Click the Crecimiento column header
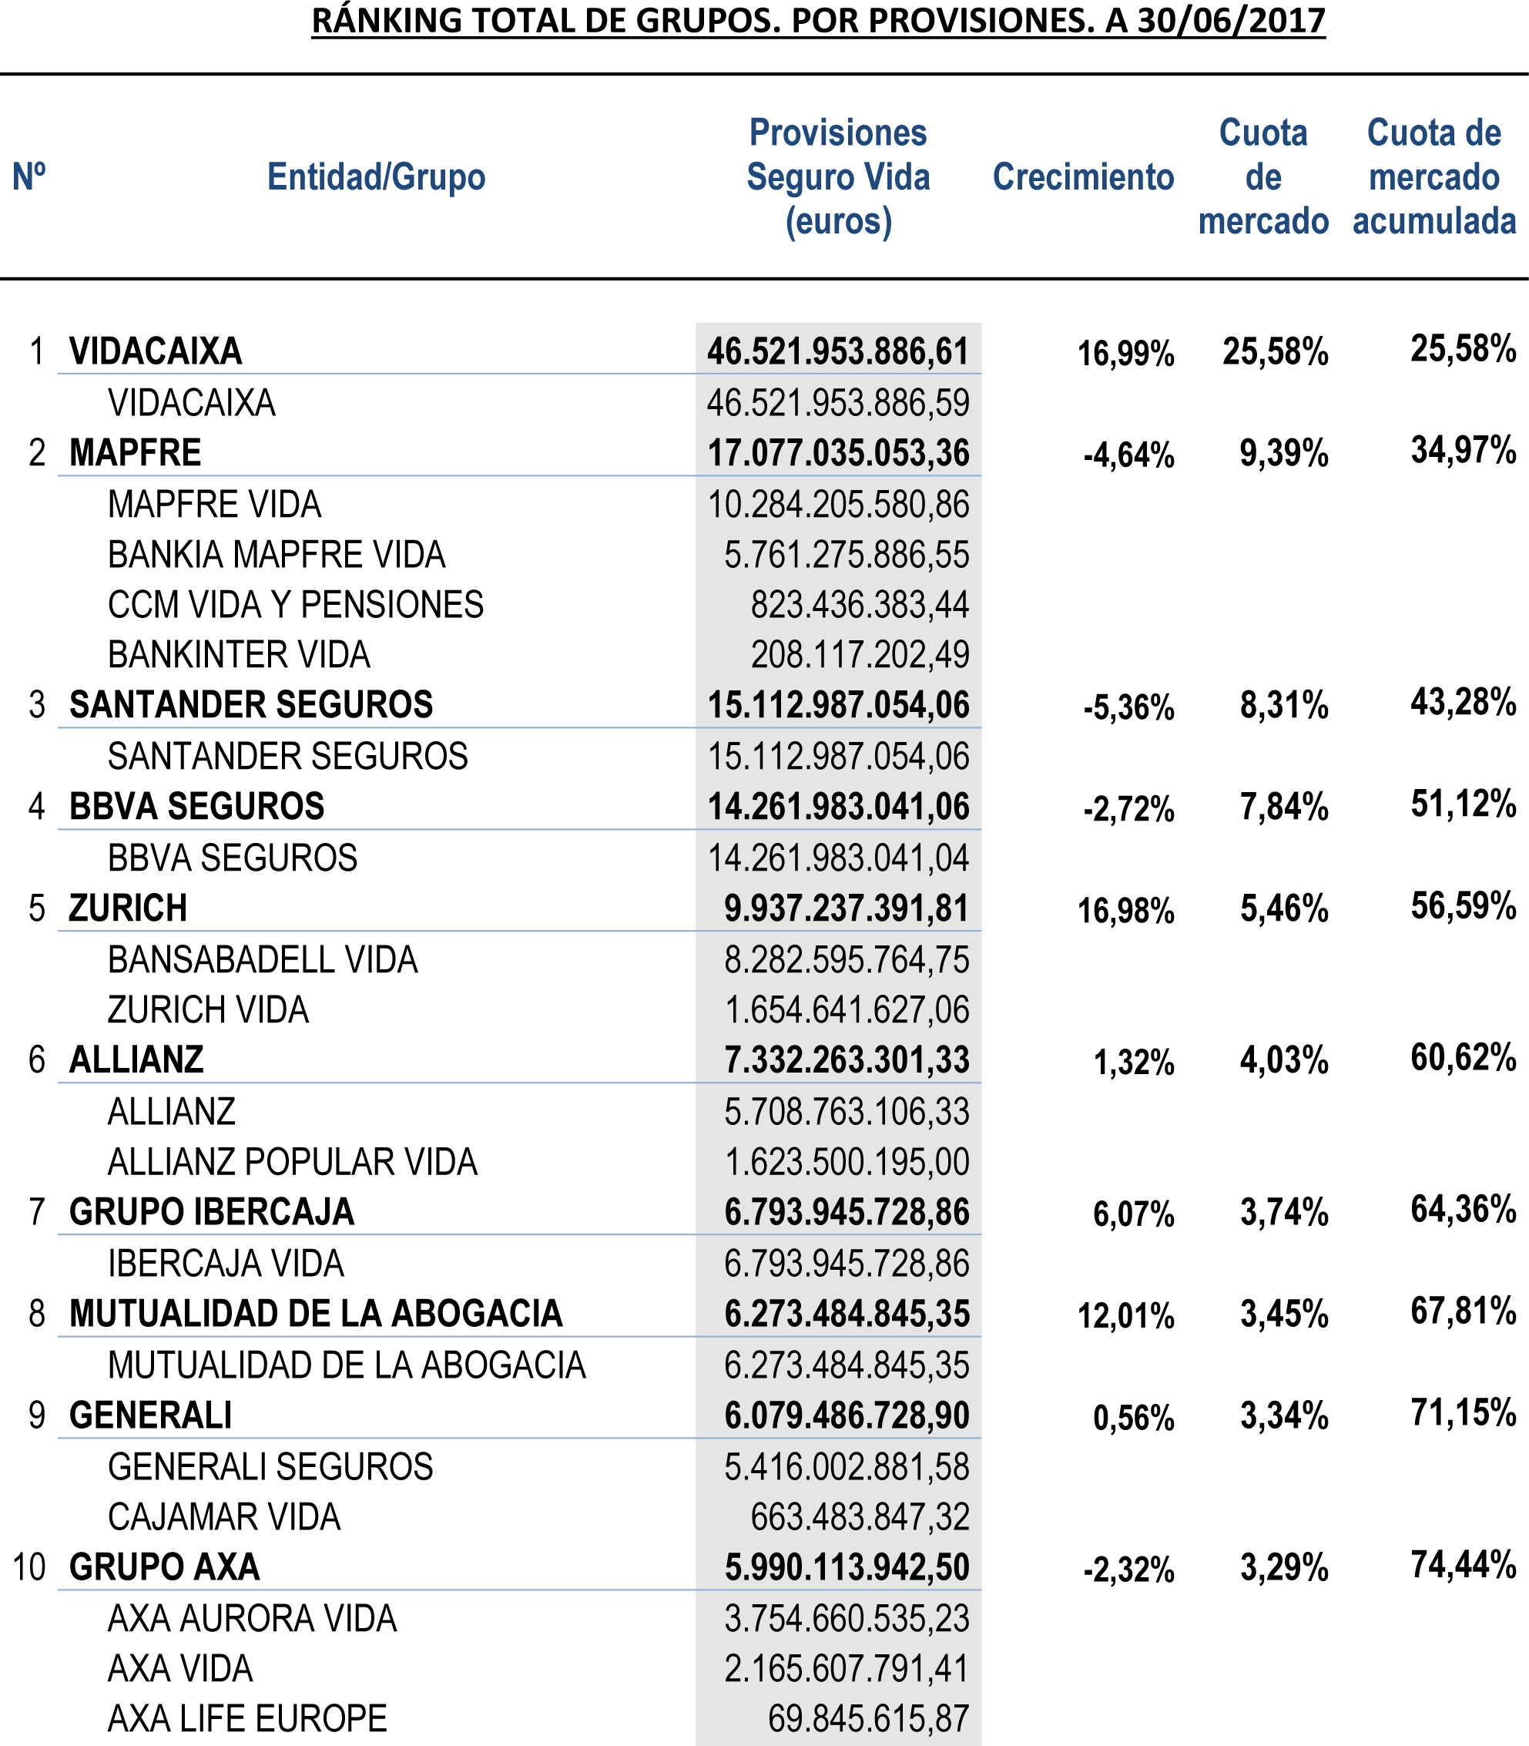(x=1083, y=177)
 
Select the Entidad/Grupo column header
(x=376, y=177)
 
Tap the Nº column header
(x=29, y=177)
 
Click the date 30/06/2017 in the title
(x=1231, y=21)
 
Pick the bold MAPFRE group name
(x=135, y=453)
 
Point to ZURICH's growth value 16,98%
(x=1125, y=912)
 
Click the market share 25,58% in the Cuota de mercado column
(x=1275, y=351)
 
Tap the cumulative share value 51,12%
(x=1464, y=804)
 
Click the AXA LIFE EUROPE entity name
(x=247, y=1719)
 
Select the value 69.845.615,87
(x=868, y=1719)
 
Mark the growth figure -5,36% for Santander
(x=1128, y=708)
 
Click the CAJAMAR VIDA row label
(x=223, y=1517)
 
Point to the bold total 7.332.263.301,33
(x=847, y=1061)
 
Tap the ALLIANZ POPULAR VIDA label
(x=292, y=1162)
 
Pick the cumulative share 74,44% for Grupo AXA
(x=1464, y=1565)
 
